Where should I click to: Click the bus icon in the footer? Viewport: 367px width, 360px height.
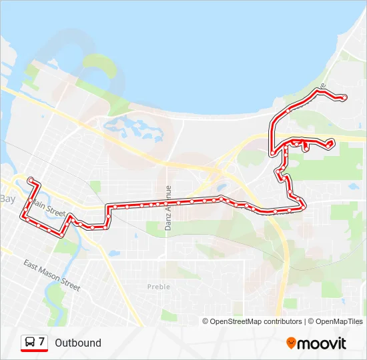(30, 343)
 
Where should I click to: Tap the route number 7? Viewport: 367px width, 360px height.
(42, 342)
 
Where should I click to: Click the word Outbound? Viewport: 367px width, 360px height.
(78, 343)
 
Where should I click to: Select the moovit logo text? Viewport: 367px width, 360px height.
(322, 343)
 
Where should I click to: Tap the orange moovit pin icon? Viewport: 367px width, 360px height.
(291, 343)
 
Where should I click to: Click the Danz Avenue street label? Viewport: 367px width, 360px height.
(168, 207)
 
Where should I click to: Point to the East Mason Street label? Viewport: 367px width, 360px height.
(51, 275)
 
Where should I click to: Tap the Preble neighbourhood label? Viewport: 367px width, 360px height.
(158, 287)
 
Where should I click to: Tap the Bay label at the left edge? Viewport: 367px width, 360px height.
(7, 199)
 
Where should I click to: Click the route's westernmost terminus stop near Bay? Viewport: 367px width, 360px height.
(30, 180)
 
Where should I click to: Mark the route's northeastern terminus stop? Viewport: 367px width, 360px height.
(344, 98)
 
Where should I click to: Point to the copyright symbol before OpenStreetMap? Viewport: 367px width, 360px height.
(206, 321)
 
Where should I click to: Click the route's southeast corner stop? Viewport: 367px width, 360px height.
(304, 206)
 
